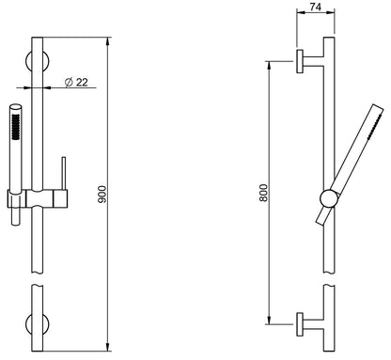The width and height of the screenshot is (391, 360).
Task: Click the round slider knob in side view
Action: click(329, 199)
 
